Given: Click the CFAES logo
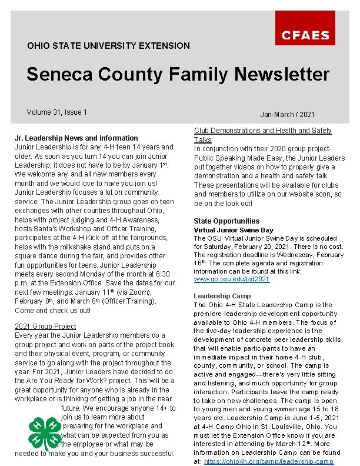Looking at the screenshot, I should [x=305, y=35].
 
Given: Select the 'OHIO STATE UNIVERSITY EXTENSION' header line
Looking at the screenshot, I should [x=108, y=45].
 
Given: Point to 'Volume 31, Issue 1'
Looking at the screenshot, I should [x=57, y=112].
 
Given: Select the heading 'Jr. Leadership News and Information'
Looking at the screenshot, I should [x=76, y=138].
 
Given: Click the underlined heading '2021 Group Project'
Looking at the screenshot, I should [x=46, y=326].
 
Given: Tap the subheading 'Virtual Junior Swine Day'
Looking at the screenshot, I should [x=234, y=230].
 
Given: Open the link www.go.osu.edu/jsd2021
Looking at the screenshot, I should [x=232, y=279].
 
